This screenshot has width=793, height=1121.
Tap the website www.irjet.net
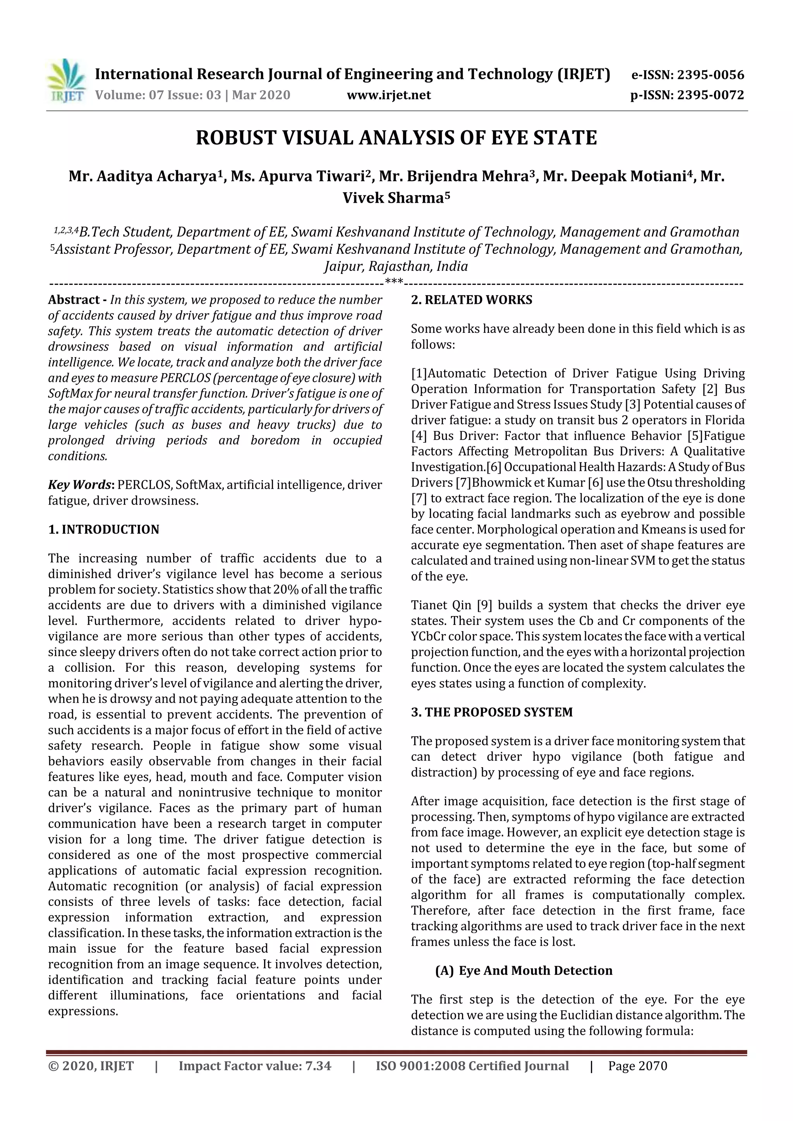pyautogui.click(x=389, y=95)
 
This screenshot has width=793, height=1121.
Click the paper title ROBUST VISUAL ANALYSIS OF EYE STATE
pyautogui.click(x=396, y=138)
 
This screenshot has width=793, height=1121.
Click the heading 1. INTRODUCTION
pyautogui.click(x=104, y=530)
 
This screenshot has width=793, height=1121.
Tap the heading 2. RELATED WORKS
pyautogui.click(x=472, y=300)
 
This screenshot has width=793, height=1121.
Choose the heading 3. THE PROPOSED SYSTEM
pyautogui.click(x=491, y=712)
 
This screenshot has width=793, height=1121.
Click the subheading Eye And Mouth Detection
pyautogui.click(x=535, y=970)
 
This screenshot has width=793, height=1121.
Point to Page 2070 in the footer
pyautogui.click(x=638, y=1066)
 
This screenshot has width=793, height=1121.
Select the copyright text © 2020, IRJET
pyautogui.click(x=91, y=1066)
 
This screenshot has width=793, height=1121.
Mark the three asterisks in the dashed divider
pyautogui.click(x=394, y=282)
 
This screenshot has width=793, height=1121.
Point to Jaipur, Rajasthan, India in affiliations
pyautogui.click(x=396, y=267)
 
